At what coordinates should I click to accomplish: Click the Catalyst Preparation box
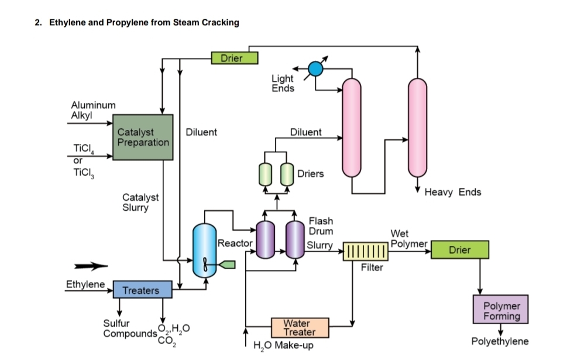click(143, 137)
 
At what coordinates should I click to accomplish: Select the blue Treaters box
click(140, 290)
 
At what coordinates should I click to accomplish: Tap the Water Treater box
click(300, 327)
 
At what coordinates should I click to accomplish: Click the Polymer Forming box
click(501, 310)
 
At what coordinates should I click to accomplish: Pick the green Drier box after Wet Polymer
click(459, 250)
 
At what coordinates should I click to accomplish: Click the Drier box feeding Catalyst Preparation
click(234, 57)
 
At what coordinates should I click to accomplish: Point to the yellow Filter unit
click(366, 251)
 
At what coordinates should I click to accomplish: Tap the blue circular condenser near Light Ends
click(315, 68)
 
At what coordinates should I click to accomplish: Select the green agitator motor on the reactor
click(227, 265)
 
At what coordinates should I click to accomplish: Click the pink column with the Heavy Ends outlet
click(417, 127)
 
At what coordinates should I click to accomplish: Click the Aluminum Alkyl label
click(93, 109)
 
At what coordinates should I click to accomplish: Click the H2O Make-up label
click(284, 345)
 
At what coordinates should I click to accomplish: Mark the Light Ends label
click(283, 83)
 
